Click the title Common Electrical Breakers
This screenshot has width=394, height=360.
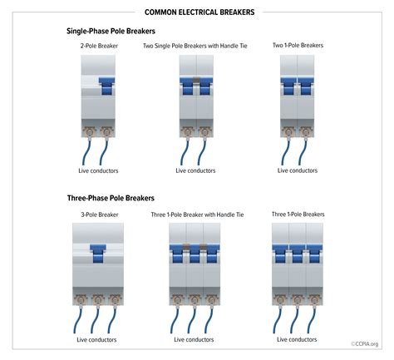(x=199, y=12)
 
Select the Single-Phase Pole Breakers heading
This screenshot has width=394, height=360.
(x=111, y=31)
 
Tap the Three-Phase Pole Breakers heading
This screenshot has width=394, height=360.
(x=111, y=198)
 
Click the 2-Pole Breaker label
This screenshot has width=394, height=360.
(x=99, y=46)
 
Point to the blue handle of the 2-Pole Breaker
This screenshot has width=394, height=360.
(x=106, y=86)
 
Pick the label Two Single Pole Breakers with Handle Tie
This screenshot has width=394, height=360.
(x=195, y=46)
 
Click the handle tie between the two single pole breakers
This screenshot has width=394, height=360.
(x=196, y=80)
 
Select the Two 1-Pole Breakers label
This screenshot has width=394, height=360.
(x=298, y=45)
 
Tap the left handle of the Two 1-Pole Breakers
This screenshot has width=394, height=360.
(x=288, y=86)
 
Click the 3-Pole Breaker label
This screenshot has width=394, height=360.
(x=100, y=215)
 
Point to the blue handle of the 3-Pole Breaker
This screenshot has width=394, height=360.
(x=98, y=254)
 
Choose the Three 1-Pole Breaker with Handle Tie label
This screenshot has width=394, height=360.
(x=197, y=215)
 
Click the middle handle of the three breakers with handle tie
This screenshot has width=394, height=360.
(x=195, y=254)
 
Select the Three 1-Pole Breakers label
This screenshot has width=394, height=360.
(x=298, y=215)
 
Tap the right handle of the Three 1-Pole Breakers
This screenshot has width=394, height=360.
(x=314, y=254)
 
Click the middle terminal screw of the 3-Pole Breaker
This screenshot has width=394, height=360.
(x=98, y=299)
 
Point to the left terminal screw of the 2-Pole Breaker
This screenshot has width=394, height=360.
(x=90, y=131)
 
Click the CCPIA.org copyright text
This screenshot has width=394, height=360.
(x=365, y=344)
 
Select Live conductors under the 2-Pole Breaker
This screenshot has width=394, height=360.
(x=98, y=170)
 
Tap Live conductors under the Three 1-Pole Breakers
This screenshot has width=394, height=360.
(x=297, y=339)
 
